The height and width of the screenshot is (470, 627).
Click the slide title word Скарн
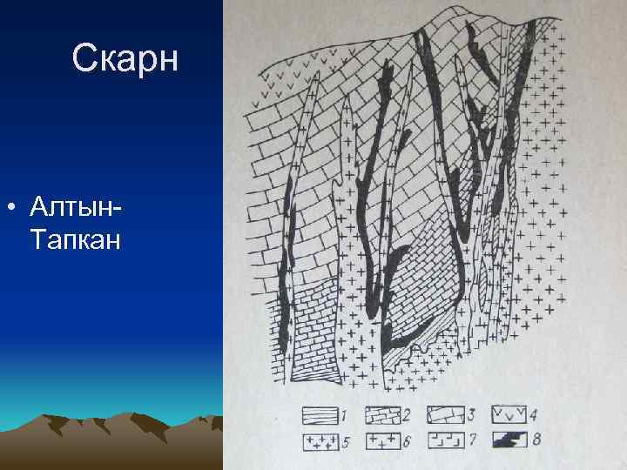click(x=125, y=58)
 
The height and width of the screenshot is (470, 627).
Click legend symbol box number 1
click(x=320, y=414)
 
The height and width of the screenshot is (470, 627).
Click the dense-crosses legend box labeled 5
click(x=320, y=440)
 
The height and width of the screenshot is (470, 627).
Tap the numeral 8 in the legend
click(x=536, y=440)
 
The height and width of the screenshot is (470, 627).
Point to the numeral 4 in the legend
click(x=536, y=415)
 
